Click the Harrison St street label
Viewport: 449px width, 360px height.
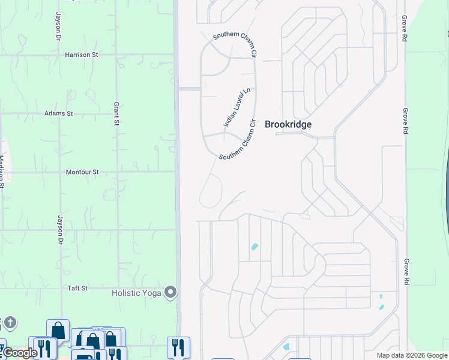(81, 55)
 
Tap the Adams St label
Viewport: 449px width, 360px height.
(58, 113)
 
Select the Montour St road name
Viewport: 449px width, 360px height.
(82, 172)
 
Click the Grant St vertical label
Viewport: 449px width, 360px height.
(116, 114)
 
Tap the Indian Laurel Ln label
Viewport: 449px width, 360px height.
(236, 107)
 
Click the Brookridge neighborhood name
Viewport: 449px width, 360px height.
(288, 124)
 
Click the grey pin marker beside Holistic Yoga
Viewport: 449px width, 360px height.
(171, 293)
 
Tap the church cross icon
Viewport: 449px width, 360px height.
(10, 323)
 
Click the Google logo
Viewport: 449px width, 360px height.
(19, 353)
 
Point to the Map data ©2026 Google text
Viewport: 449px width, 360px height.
(412, 355)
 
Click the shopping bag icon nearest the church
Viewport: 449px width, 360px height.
(58, 330)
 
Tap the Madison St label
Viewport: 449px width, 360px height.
(2, 172)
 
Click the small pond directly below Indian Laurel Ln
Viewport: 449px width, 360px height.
(255, 247)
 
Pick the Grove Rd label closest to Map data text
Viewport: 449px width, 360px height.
(406, 272)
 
